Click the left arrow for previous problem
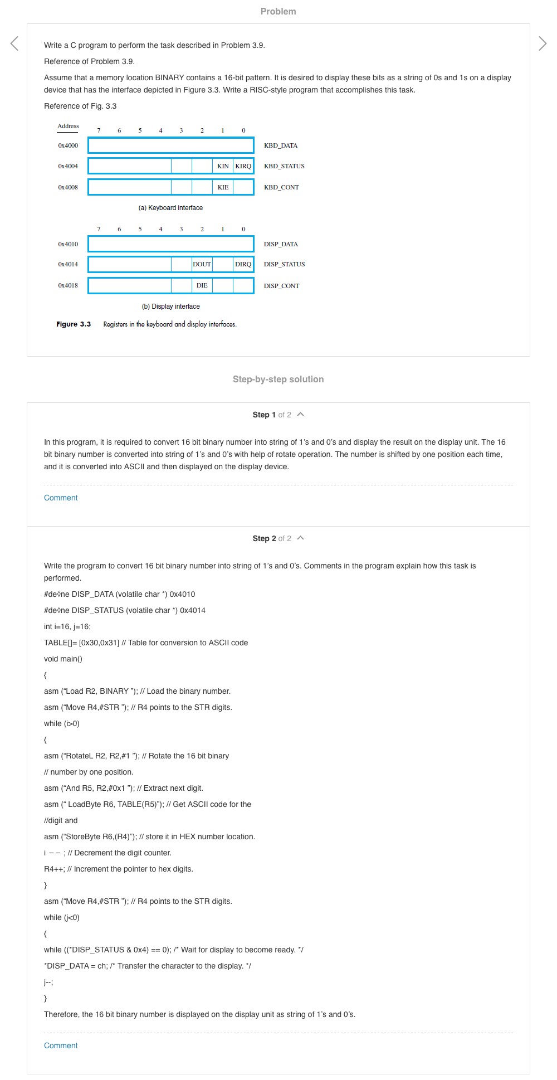point(14,43)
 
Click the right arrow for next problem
point(543,43)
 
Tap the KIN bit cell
point(223,166)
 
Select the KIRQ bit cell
point(243,166)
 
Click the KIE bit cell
point(223,187)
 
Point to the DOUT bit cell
point(202,264)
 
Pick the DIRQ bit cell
point(243,264)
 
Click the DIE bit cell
point(202,285)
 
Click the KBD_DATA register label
point(281,145)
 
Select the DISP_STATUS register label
point(284,264)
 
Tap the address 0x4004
point(68,166)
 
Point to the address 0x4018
point(68,285)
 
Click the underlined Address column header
point(68,127)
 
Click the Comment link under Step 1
point(61,498)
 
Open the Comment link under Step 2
point(61,1045)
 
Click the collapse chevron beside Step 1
point(301,415)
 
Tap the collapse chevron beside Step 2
point(301,538)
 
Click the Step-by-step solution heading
point(278,379)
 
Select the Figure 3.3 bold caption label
point(74,324)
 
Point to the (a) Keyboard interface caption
point(170,208)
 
